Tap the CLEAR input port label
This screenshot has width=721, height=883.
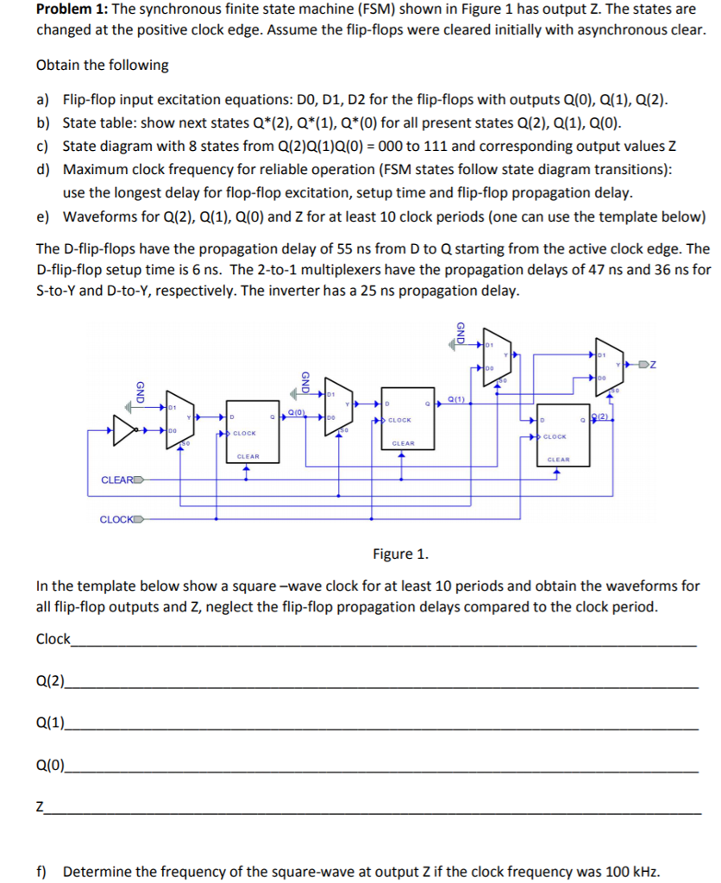tap(116, 479)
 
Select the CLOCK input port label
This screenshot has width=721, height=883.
tap(116, 519)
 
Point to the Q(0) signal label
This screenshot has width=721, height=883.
tap(295, 412)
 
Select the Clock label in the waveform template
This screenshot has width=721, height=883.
tap(53, 639)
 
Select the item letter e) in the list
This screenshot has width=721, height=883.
tap(42, 216)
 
